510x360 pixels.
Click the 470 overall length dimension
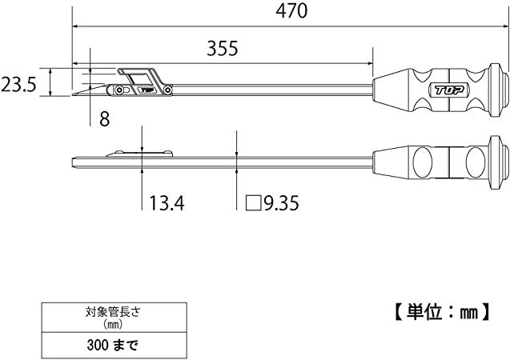291,10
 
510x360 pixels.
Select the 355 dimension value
223,49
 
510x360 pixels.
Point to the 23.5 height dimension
18,85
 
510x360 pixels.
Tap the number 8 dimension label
104,119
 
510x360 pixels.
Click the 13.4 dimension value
167,203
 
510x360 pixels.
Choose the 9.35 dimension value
281,203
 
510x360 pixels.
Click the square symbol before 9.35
253,203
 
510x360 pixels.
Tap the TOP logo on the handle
449,90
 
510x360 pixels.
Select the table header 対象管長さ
113,312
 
